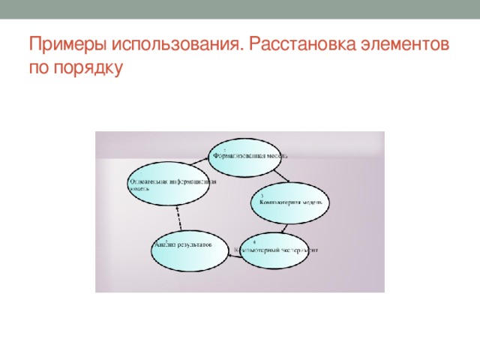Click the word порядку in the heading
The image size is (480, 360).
(x=86, y=69)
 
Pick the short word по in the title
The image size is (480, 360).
(x=40, y=69)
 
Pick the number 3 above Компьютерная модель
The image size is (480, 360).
(x=262, y=196)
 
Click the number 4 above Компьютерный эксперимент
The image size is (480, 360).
(x=254, y=241)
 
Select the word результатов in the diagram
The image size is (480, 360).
(x=197, y=244)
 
